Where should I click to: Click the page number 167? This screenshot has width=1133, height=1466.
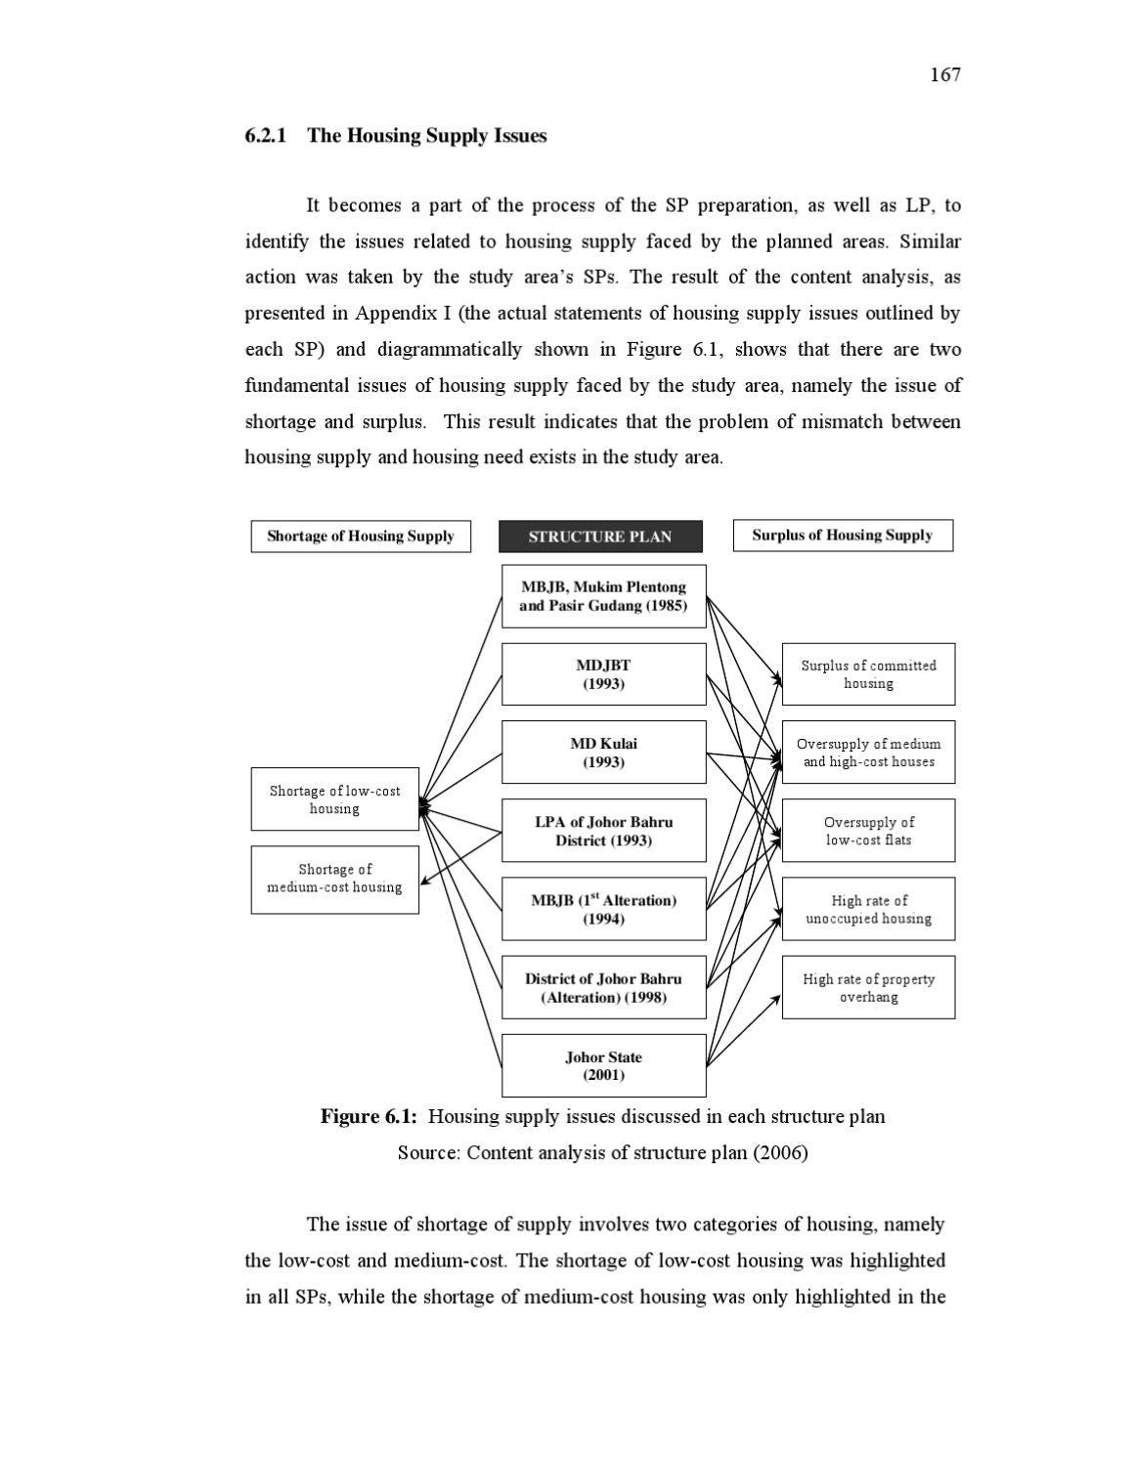(944, 75)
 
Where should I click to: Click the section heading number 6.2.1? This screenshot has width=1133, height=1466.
(265, 136)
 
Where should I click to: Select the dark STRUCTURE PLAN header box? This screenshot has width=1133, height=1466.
(600, 537)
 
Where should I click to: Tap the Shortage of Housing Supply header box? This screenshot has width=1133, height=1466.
(360, 537)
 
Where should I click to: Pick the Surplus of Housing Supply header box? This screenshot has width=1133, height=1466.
(842, 536)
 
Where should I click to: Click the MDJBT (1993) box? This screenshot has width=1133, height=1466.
(603, 674)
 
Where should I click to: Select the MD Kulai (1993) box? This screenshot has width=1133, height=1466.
(603, 753)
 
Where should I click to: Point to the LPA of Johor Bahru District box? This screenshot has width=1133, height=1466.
(603, 831)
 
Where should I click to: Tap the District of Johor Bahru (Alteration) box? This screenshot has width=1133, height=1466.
(603, 988)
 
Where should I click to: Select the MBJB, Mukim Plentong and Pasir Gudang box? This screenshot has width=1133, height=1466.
(603, 596)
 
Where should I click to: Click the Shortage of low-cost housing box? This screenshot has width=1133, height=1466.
(334, 799)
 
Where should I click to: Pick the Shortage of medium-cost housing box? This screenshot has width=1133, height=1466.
(334, 879)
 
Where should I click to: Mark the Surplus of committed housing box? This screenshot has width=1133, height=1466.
(868, 674)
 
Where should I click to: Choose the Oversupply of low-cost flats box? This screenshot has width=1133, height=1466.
(868, 831)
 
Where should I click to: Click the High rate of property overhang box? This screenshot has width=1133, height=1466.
(868, 988)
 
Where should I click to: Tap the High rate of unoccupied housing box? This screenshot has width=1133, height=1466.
(868, 910)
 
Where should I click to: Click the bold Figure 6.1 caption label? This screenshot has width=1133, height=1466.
(369, 1117)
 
